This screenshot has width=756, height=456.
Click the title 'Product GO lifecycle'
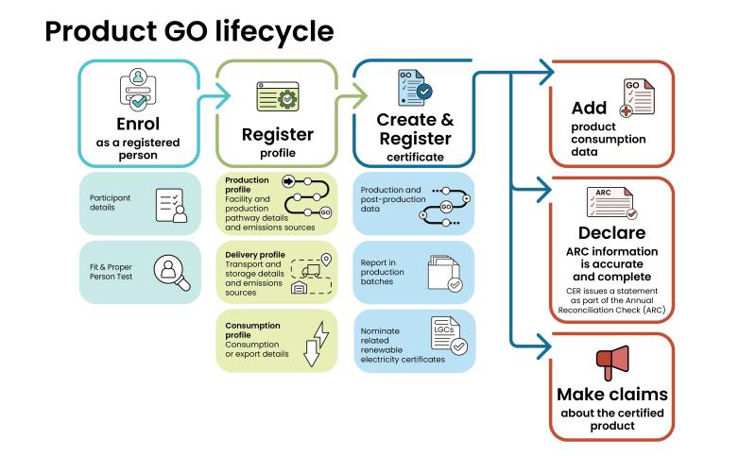(x=189, y=30)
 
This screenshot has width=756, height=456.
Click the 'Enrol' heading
(x=138, y=123)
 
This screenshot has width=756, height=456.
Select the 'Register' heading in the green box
(x=277, y=134)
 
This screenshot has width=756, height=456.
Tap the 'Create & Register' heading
(x=415, y=128)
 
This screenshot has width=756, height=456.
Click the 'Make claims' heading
(x=612, y=394)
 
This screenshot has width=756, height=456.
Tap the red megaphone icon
(x=612, y=363)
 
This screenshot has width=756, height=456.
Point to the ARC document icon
(x=611, y=202)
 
